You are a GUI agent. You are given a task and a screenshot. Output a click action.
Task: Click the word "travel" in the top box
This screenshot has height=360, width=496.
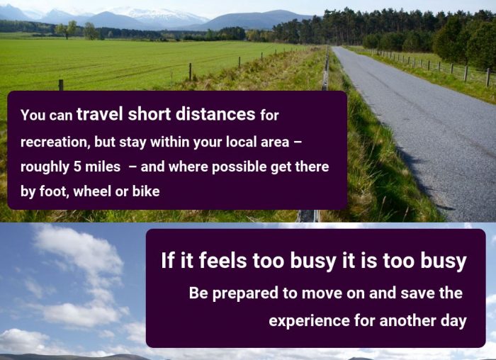(100, 114)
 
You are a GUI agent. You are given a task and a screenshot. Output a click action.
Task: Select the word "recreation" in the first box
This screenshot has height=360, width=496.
(54, 142)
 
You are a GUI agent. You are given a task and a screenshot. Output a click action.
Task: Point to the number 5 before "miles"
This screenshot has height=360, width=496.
(77, 167)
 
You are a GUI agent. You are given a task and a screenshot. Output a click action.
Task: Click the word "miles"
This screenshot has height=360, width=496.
(103, 167)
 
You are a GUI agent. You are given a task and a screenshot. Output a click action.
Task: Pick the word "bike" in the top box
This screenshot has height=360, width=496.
(146, 191)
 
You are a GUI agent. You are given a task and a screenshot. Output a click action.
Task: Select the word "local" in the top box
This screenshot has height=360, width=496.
(242, 142)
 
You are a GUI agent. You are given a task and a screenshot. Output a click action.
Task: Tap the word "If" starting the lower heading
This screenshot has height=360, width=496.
(168, 261)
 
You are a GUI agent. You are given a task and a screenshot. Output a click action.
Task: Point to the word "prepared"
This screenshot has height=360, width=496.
(245, 293)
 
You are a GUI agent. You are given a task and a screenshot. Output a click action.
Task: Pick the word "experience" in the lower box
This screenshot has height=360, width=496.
(309, 321)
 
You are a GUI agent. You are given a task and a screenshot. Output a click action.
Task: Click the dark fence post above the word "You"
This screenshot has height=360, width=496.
(61, 85)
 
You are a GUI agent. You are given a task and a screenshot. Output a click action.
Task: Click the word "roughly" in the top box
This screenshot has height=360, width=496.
(45, 167)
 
